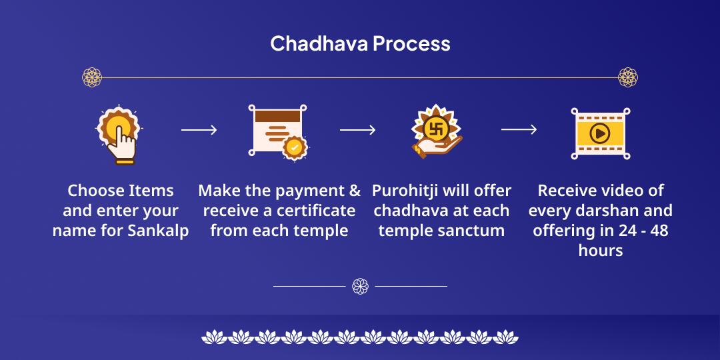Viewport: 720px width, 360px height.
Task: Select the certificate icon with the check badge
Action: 277,131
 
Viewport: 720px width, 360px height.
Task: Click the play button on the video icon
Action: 599,133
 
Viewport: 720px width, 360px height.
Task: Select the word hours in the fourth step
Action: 601,251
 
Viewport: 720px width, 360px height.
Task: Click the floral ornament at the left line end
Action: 92,77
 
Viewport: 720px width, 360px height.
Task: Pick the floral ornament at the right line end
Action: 628,77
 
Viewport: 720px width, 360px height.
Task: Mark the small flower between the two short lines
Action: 360,286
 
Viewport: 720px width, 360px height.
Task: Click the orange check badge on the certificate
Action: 293,147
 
